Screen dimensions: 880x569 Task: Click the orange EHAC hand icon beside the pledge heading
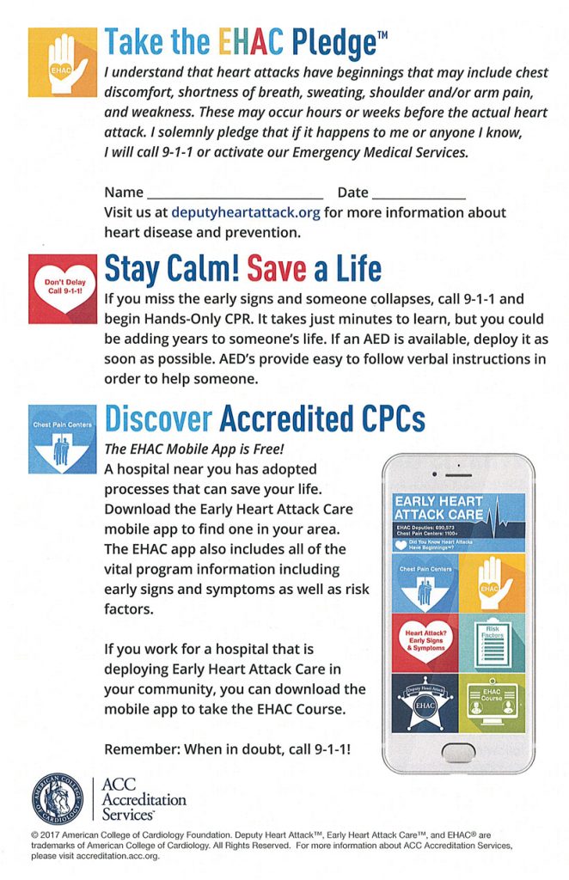coord(62,62)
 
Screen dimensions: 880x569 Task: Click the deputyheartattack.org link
coord(245,212)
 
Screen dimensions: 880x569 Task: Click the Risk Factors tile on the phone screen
coord(492,641)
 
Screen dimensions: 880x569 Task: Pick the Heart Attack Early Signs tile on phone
coord(424,641)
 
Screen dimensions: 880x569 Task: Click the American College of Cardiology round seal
coord(59,798)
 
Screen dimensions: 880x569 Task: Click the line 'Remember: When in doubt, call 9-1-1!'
coord(227,749)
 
